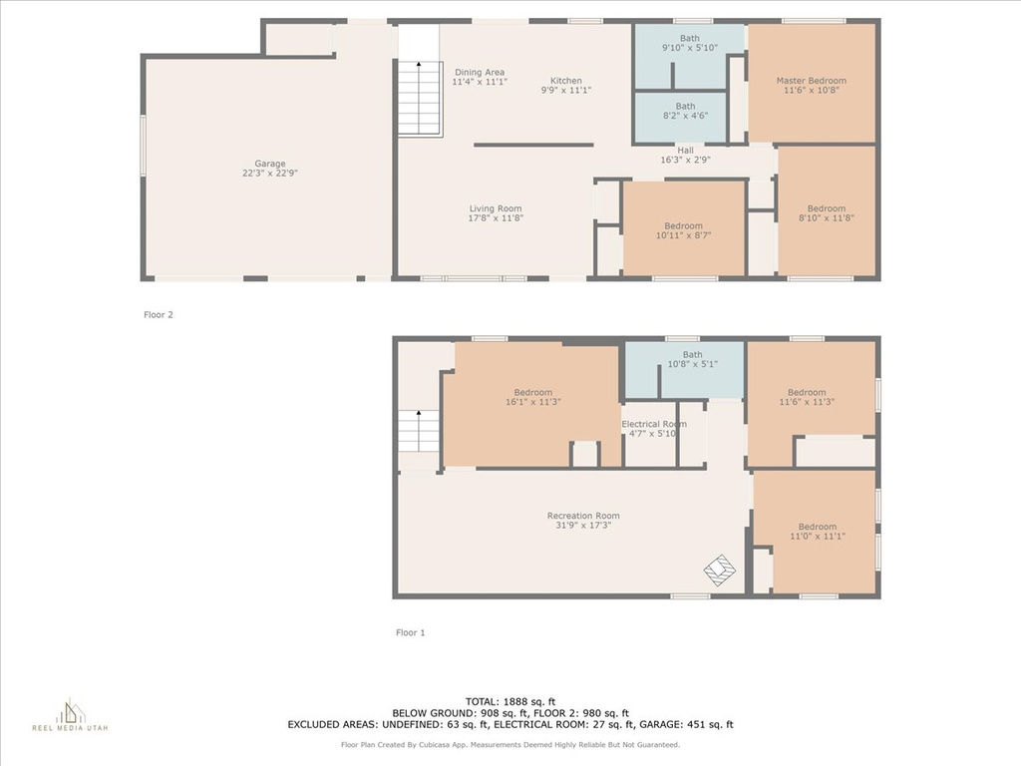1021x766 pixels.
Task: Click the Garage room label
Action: [269, 164]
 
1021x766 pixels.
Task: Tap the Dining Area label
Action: [480, 72]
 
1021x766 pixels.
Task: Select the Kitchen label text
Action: [566, 81]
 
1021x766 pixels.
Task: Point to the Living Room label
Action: [496, 208]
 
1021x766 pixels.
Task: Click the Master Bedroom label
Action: [812, 81]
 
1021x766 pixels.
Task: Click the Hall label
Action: [685, 150]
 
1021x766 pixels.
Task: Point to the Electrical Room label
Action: [654, 424]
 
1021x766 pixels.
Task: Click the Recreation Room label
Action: [583, 516]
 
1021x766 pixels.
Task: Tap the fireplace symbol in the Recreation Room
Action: [720, 571]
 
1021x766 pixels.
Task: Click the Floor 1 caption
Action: [410, 632]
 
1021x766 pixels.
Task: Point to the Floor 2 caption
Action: [159, 314]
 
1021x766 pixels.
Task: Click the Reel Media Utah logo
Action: [70, 715]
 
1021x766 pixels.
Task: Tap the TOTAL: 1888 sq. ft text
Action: [510, 701]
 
